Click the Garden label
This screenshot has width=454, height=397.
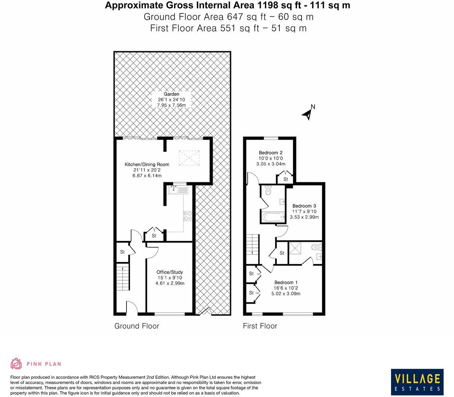point(172,94)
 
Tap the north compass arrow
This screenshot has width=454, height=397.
point(307,113)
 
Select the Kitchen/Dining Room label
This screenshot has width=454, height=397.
point(147,164)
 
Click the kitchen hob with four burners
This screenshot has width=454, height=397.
point(188,216)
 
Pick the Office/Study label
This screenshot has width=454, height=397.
point(170,272)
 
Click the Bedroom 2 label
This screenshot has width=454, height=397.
point(271,153)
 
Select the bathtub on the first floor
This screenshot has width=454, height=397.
point(273,218)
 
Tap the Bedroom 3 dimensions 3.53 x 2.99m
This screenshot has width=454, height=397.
point(304,217)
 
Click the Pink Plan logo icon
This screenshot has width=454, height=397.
point(16,364)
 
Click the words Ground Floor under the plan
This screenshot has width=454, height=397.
point(137,326)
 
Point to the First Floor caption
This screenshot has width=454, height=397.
point(260,326)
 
